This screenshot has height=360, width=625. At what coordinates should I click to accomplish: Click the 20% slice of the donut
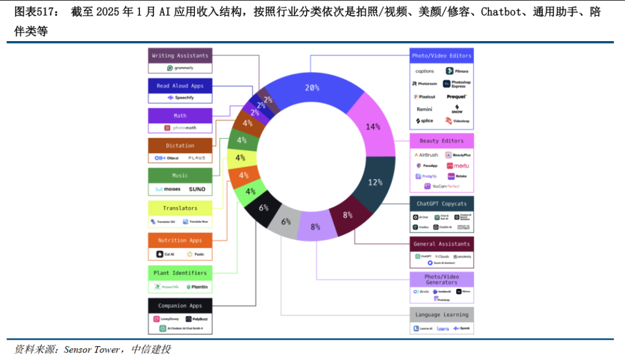[x=312, y=88]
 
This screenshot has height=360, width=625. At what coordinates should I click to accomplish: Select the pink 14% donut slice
[x=372, y=127]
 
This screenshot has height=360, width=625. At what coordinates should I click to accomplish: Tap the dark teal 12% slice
[x=375, y=182]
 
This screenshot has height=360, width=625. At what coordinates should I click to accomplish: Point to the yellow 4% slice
[x=240, y=157]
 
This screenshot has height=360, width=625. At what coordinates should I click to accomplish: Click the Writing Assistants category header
[x=180, y=56]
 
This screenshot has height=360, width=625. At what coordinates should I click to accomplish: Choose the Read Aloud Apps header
[x=180, y=86]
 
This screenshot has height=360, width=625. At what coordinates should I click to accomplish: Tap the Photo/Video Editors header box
[x=442, y=56]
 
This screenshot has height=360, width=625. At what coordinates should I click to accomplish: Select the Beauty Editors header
[x=442, y=141]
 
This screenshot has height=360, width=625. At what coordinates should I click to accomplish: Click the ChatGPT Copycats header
[x=442, y=204]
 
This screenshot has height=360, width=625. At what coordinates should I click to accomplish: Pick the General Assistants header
[x=442, y=244]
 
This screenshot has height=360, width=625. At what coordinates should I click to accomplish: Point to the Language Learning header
[x=442, y=315]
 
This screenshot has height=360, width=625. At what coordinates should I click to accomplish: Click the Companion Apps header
[x=180, y=306]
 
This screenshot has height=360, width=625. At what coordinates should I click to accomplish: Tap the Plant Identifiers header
[x=180, y=273]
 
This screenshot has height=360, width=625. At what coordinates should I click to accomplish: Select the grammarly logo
[x=180, y=68]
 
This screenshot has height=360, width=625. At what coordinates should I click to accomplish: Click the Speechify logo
[x=180, y=98]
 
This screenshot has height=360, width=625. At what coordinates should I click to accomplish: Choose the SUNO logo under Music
[x=197, y=189]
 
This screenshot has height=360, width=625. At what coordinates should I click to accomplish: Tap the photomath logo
[x=180, y=128]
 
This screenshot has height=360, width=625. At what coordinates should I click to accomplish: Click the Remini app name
[x=424, y=109]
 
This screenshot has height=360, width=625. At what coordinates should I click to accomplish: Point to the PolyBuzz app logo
[x=196, y=319]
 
